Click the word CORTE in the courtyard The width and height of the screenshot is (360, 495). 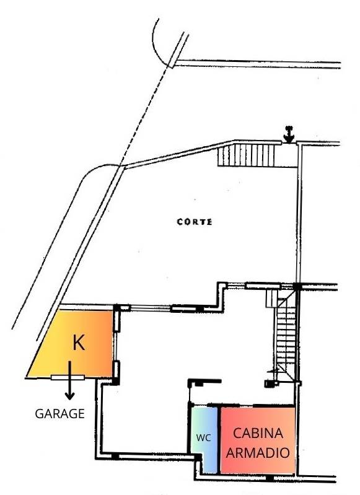click(x=195, y=222)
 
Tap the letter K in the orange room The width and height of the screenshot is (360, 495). click(x=79, y=343)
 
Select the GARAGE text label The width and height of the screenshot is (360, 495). click(x=59, y=414)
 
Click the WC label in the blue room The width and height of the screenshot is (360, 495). click(x=204, y=438)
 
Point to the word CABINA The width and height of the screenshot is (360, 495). click(x=258, y=433)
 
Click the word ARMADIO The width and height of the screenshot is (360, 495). click(x=258, y=453)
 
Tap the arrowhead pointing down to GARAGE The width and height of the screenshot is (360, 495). click(x=69, y=395)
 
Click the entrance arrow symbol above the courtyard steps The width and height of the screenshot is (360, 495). click(x=289, y=134)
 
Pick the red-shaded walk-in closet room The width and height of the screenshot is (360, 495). click(x=258, y=440)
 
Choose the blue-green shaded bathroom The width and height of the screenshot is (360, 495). click(x=204, y=440)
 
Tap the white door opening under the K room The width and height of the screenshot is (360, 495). click(x=68, y=377)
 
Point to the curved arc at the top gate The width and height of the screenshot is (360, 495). click(x=158, y=44)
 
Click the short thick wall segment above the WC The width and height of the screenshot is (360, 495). click(x=204, y=382)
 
